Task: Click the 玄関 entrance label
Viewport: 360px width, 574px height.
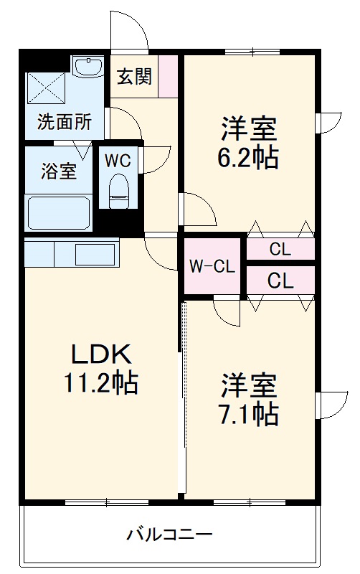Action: [x=134, y=76]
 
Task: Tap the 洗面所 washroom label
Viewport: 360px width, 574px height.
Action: [x=65, y=122]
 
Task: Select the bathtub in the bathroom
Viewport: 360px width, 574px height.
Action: [x=59, y=212]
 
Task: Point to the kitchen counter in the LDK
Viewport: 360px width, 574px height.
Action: [x=72, y=253]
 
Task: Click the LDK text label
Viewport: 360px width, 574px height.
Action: [x=100, y=354]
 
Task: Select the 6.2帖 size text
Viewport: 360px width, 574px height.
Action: [x=249, y=156]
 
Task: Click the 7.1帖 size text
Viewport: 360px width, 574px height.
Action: [x=249, y=413]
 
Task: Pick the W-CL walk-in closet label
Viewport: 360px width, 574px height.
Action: [x=212, y=267]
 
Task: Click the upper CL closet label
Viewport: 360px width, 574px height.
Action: [x=280, y=250]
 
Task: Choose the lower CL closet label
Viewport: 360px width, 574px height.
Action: [x=280, y=281]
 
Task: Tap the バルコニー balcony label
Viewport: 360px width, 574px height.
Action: [x=170, y=535]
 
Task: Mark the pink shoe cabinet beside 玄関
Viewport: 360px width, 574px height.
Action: [x=168, y=76]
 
